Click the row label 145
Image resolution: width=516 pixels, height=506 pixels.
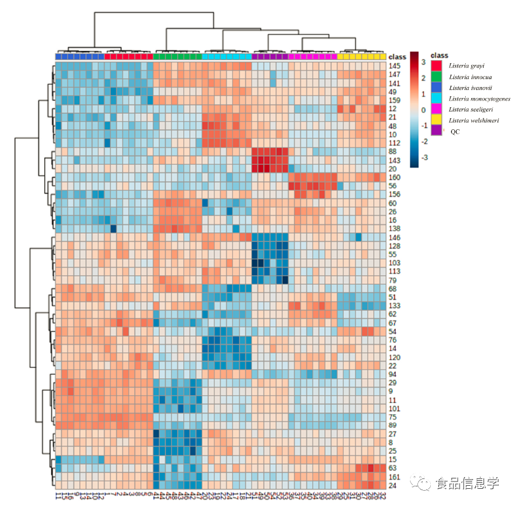pyautogui.click(x=395, y=66)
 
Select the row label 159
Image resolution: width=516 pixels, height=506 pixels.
pyautogui.click(x=395, y=100)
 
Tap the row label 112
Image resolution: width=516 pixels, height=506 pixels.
pyautogui.click(x=395, y=143)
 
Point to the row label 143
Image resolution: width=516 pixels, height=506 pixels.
pyautogui.click(x=395, y=160)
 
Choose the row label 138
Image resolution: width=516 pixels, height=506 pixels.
pyautogui.click(x=395, y=228)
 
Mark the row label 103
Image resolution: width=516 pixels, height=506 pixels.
pyautogui.click(x=395, y=262)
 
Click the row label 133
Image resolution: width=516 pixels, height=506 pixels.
pyautogui.click(x=395, y=305)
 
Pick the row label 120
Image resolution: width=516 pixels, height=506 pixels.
pyautogui.click(x=395, y=357)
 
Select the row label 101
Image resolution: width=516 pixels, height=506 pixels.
pyautogui.click(x=395, y=408)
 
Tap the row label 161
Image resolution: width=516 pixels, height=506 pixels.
pyautogui.click(x=395, y=477)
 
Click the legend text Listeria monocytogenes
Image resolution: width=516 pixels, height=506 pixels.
pyautogui.click(x=479, y=99)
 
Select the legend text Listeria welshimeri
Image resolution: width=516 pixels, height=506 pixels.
pyautogui.click(x=473, y=121)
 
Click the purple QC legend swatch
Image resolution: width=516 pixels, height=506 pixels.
pyautogui.click(x=436, y=130)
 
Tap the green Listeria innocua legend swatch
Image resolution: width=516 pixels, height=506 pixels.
pyautogui.click(x=436, y=77)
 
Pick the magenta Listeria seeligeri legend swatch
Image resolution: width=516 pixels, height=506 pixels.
pyautogui.click(x=436, y=109)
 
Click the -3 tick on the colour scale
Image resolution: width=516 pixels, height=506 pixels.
pyautogui.click(x=423, y=157)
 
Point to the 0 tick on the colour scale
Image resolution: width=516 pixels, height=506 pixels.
pyautogui.click(x=423, y=110)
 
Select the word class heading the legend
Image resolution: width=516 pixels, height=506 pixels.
pyautogui.click(x=439, y=56)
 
